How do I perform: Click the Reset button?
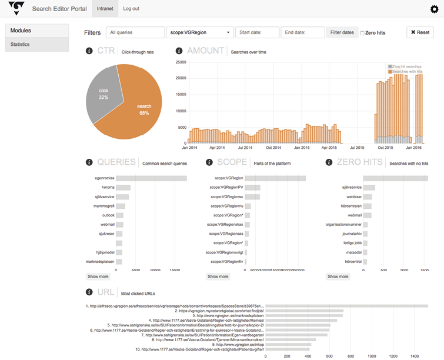420,32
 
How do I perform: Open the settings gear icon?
435,9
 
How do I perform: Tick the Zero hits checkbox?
362,33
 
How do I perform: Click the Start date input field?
256,32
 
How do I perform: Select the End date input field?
302,32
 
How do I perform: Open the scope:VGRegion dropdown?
199,32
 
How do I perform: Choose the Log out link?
131,9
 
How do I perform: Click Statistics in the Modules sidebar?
36,44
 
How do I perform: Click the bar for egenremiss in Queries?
151,178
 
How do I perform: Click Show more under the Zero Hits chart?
338,276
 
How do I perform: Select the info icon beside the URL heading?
89,292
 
